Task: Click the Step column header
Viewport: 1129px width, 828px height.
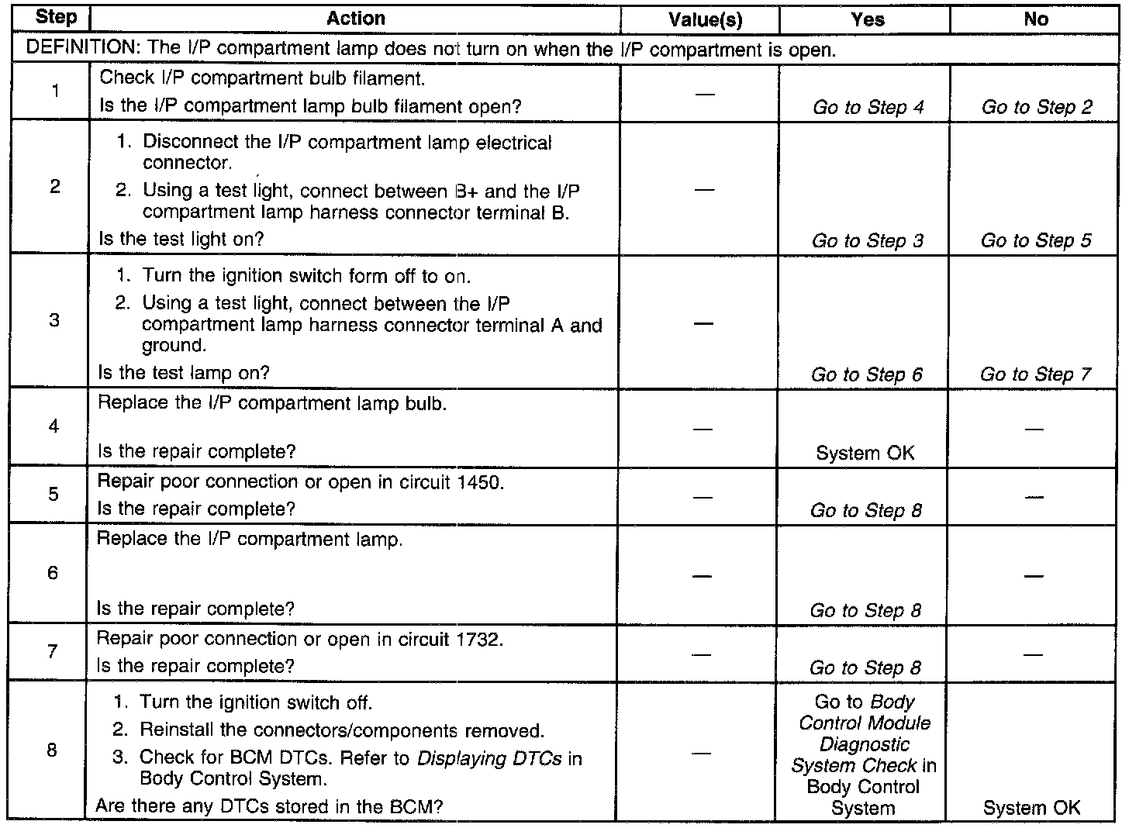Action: click(56, 19)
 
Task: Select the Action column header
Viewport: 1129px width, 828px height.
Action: click(356, 19)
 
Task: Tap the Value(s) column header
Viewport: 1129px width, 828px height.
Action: click(705, 20)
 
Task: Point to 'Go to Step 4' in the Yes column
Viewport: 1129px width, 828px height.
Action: click(868, 108)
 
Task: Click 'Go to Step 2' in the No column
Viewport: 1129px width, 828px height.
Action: click(1037, 108)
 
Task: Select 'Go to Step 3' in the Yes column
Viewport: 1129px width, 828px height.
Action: click(867, 241)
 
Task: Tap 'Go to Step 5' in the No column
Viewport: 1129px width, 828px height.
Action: click(1036, 241)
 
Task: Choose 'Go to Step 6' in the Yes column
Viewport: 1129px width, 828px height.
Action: click(866, 375)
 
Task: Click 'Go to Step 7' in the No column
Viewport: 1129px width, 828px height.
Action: click(1035, 375)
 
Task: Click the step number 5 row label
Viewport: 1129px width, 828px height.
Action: click(53, 494)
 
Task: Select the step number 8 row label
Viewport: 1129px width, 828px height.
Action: click(52, 750)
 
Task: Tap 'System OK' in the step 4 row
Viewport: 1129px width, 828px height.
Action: click(865, 453)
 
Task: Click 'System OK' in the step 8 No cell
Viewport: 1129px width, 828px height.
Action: click(1031, 808)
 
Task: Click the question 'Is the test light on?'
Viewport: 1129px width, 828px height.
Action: click(181, 239)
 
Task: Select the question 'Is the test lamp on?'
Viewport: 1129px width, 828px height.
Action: click(183, 373)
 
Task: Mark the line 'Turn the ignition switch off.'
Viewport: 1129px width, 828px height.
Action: click(256, 703)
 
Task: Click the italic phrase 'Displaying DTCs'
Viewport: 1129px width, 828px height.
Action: click(489, 758)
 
